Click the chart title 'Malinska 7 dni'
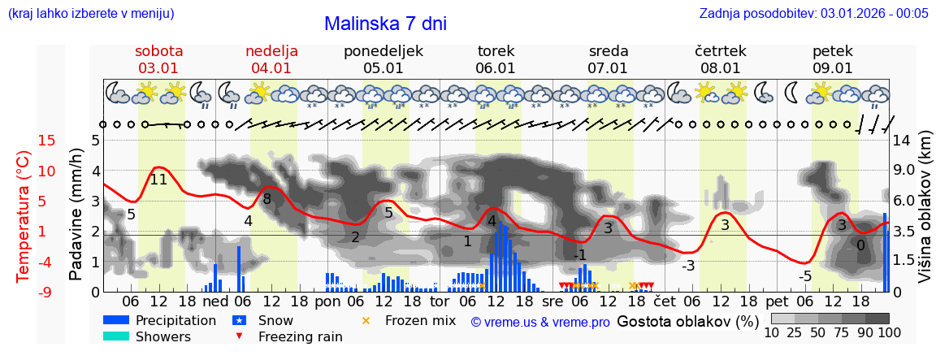[385, 24]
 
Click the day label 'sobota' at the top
[159, 50]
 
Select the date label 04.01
[271, 68]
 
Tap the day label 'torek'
[496, 50]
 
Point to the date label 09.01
[833, 68]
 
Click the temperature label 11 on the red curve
[158, 180]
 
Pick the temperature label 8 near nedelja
[266, 198]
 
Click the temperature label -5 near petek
[804, 276]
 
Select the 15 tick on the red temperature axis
[24, 141]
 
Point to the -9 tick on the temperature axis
[24, 292]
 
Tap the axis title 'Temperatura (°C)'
[23, 216]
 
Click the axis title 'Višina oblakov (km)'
[925, 216]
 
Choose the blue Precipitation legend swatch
[116, 320]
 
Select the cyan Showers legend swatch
[116, 336]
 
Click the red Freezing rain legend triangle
[238, 336]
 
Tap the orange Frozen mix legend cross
[366, 320]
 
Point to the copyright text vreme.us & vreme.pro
[540, 322]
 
